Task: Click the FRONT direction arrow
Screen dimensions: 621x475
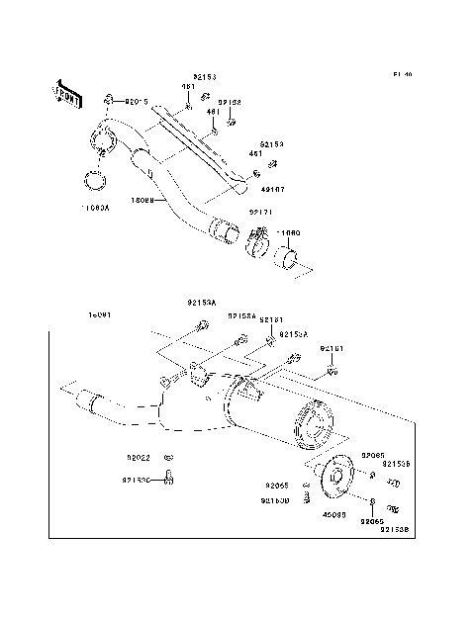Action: (67, 93)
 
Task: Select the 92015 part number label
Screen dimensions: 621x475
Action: (136, 100)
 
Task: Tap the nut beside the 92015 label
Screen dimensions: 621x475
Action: (108, 100)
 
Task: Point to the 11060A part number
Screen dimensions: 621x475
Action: (96, 209)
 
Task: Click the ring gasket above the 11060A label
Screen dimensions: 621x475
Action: (95, 181)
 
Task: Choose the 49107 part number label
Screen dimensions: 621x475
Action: (272, 188)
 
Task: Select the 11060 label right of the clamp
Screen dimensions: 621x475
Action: (289, 232)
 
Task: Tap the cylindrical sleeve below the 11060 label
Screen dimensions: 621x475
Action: (290, 262)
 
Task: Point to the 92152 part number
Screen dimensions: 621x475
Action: (230, 102)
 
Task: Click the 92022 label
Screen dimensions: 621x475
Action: (138, 457)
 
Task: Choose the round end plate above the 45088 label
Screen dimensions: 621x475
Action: (334, 478)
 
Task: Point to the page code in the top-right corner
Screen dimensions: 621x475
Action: (401, 74)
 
